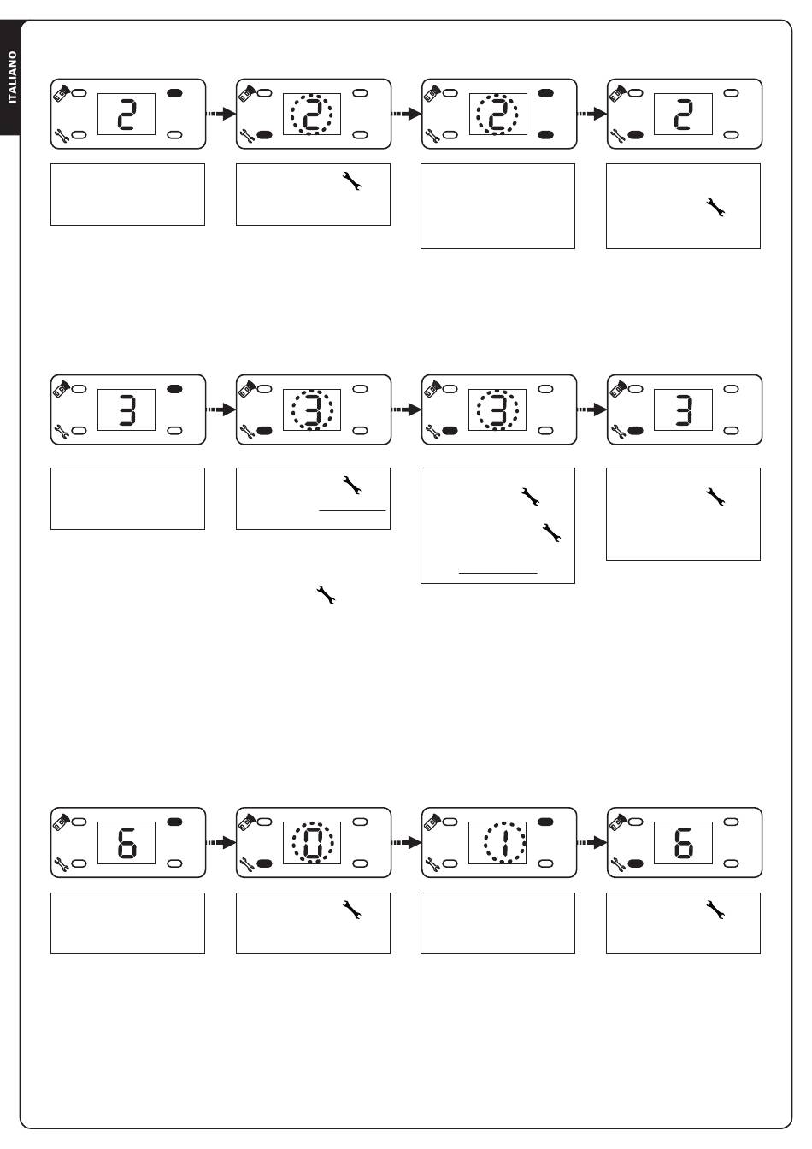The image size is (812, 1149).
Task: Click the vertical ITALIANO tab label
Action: tap(12, 78)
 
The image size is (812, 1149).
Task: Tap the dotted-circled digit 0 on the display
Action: tap(312, 843)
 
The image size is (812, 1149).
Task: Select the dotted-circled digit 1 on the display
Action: tap(505, 843)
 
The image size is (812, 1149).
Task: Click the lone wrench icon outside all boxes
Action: tap(326, 594)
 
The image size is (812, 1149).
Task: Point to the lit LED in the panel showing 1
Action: tap(545, 822)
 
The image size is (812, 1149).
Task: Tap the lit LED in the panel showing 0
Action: tap(264, 863)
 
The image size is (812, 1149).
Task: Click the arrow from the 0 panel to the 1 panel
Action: tap(406, 843)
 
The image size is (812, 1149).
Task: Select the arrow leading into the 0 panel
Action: tap(221, 843)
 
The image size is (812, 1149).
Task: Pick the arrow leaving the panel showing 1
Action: tap(592, 843)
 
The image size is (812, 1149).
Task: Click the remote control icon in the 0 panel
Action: tap(247, 822)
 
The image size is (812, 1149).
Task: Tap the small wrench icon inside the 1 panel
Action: tap(433, 865)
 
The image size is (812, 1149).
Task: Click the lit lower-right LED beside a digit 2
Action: tap(545, 135)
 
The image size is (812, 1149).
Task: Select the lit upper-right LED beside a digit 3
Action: tap(174, 389)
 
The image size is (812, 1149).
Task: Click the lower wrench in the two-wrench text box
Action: tap(551, 533)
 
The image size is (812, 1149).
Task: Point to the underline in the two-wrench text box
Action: tap(497, 573)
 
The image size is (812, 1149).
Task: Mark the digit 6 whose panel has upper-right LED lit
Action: tap(127, 843)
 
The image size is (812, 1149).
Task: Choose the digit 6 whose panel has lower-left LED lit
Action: tap(683, 843)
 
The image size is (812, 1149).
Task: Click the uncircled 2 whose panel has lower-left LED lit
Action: tap(683, 114)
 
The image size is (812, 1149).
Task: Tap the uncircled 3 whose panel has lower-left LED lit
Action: tap(684, 410)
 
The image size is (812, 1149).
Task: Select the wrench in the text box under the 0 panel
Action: tap(352, 910)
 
